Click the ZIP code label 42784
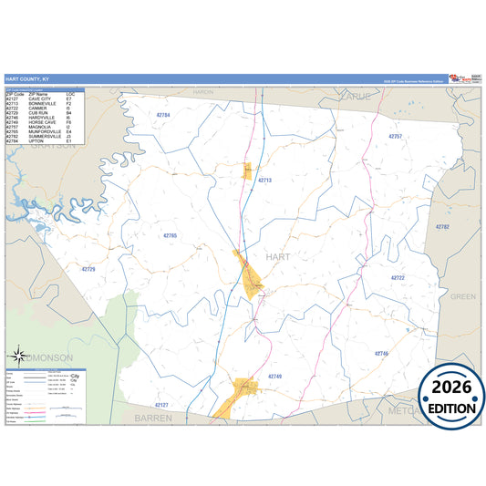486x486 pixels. coord(163,115)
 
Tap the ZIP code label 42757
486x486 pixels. coord(395,136)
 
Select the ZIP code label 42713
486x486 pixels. coord(264,181)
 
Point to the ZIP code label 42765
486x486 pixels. coord(170,235)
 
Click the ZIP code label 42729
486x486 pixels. coord(88,269)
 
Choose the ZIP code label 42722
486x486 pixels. coord(398,277)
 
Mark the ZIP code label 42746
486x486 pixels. coord(381,353)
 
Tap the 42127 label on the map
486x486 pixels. coord(161,404)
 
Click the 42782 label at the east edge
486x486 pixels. coord(442,226)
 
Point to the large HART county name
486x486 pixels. coord(277,257)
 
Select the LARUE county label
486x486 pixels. coord(353,95)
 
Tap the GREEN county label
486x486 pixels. coord(463,296)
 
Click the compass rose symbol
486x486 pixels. coord(18,357)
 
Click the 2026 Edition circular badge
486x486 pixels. coord(451,398)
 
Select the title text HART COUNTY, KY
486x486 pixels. coord(26,79)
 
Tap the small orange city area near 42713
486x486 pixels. coord(247,171)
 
